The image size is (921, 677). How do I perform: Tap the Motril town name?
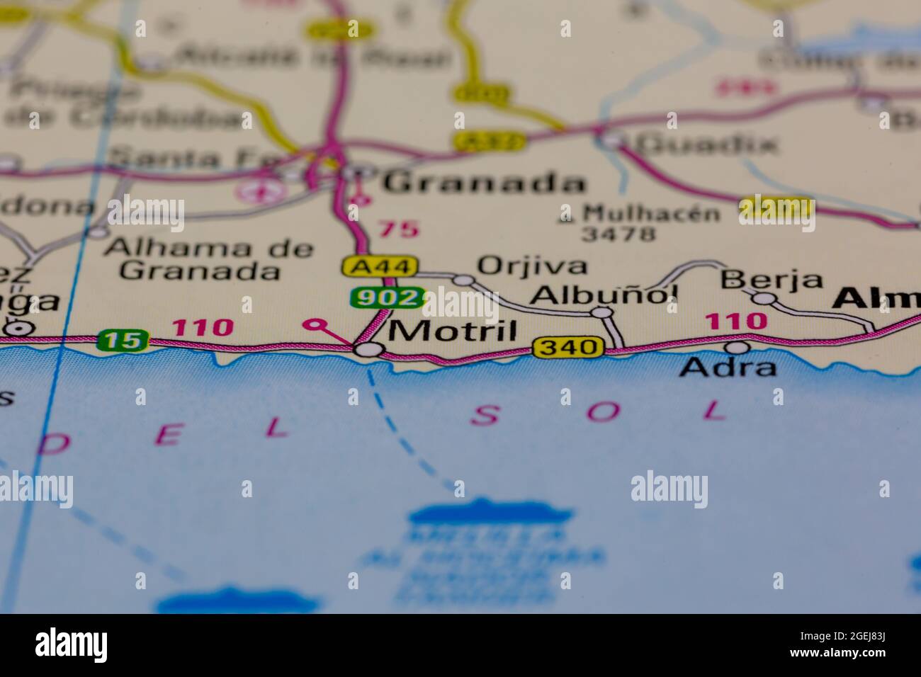[453, 330]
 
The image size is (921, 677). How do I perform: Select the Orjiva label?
[532, 266]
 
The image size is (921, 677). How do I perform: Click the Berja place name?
[772, 280]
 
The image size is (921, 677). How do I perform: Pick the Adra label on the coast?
[728, 367]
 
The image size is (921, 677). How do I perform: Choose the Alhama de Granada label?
[208, 259]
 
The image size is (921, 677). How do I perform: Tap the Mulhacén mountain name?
[651, 212]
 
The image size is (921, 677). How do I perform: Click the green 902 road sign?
[387, 298]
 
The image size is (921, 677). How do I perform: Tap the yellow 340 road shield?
[569, 347]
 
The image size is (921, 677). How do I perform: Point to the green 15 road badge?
[123, 340]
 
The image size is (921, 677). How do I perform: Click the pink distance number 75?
[397, 229]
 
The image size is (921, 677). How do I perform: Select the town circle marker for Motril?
[368, 349]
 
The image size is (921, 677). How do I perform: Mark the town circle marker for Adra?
[738, 347]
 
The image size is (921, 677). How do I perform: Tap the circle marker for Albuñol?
[601, 312]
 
